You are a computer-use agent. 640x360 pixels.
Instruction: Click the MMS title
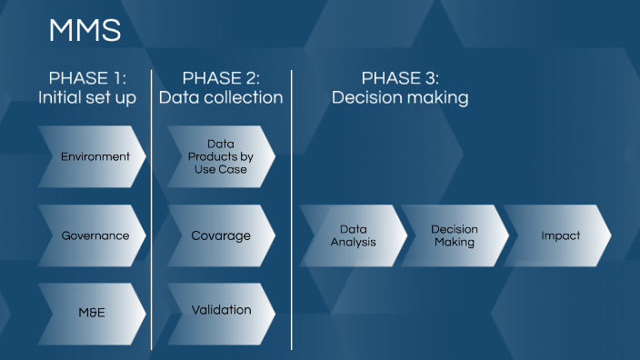[85, 31]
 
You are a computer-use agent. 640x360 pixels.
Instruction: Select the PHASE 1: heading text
[87, 78]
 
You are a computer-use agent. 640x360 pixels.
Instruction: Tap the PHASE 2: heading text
[221, 78]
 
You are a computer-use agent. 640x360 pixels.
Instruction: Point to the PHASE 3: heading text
[400, 78]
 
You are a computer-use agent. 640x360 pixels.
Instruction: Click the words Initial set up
[87, 98]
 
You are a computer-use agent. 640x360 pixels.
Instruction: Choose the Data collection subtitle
[221, 98]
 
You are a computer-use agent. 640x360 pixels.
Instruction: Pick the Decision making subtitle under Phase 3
[400, 98]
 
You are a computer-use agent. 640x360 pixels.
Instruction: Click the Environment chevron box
[94, 156]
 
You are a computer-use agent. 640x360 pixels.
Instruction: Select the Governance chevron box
[94, 235]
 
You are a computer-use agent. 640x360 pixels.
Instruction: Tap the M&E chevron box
[94, 314]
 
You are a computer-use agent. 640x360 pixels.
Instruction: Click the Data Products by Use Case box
[221, 156]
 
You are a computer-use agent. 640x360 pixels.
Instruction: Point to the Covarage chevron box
[221, 235]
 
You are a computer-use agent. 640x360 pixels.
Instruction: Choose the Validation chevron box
[221, 311]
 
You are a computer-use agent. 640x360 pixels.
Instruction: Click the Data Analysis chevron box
[353, 235]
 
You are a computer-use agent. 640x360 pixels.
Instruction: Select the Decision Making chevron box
[455, 235]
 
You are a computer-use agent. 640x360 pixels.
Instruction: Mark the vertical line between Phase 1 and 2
[152, 209]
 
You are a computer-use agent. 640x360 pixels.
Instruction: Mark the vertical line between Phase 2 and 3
[292, 209]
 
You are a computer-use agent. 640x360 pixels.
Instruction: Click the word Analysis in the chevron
[353, 243]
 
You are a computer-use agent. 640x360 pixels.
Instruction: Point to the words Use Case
[221, 170]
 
